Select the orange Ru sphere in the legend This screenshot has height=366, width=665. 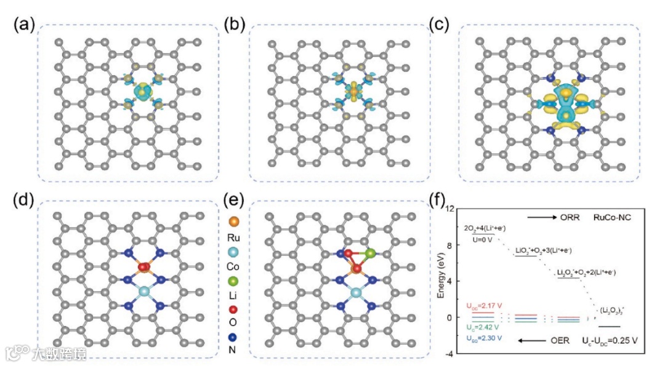pos(233,220)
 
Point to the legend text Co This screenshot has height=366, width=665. pos(233,266)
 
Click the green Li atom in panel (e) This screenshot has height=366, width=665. pos(370,253)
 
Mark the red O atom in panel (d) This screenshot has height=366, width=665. pos(144,267)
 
